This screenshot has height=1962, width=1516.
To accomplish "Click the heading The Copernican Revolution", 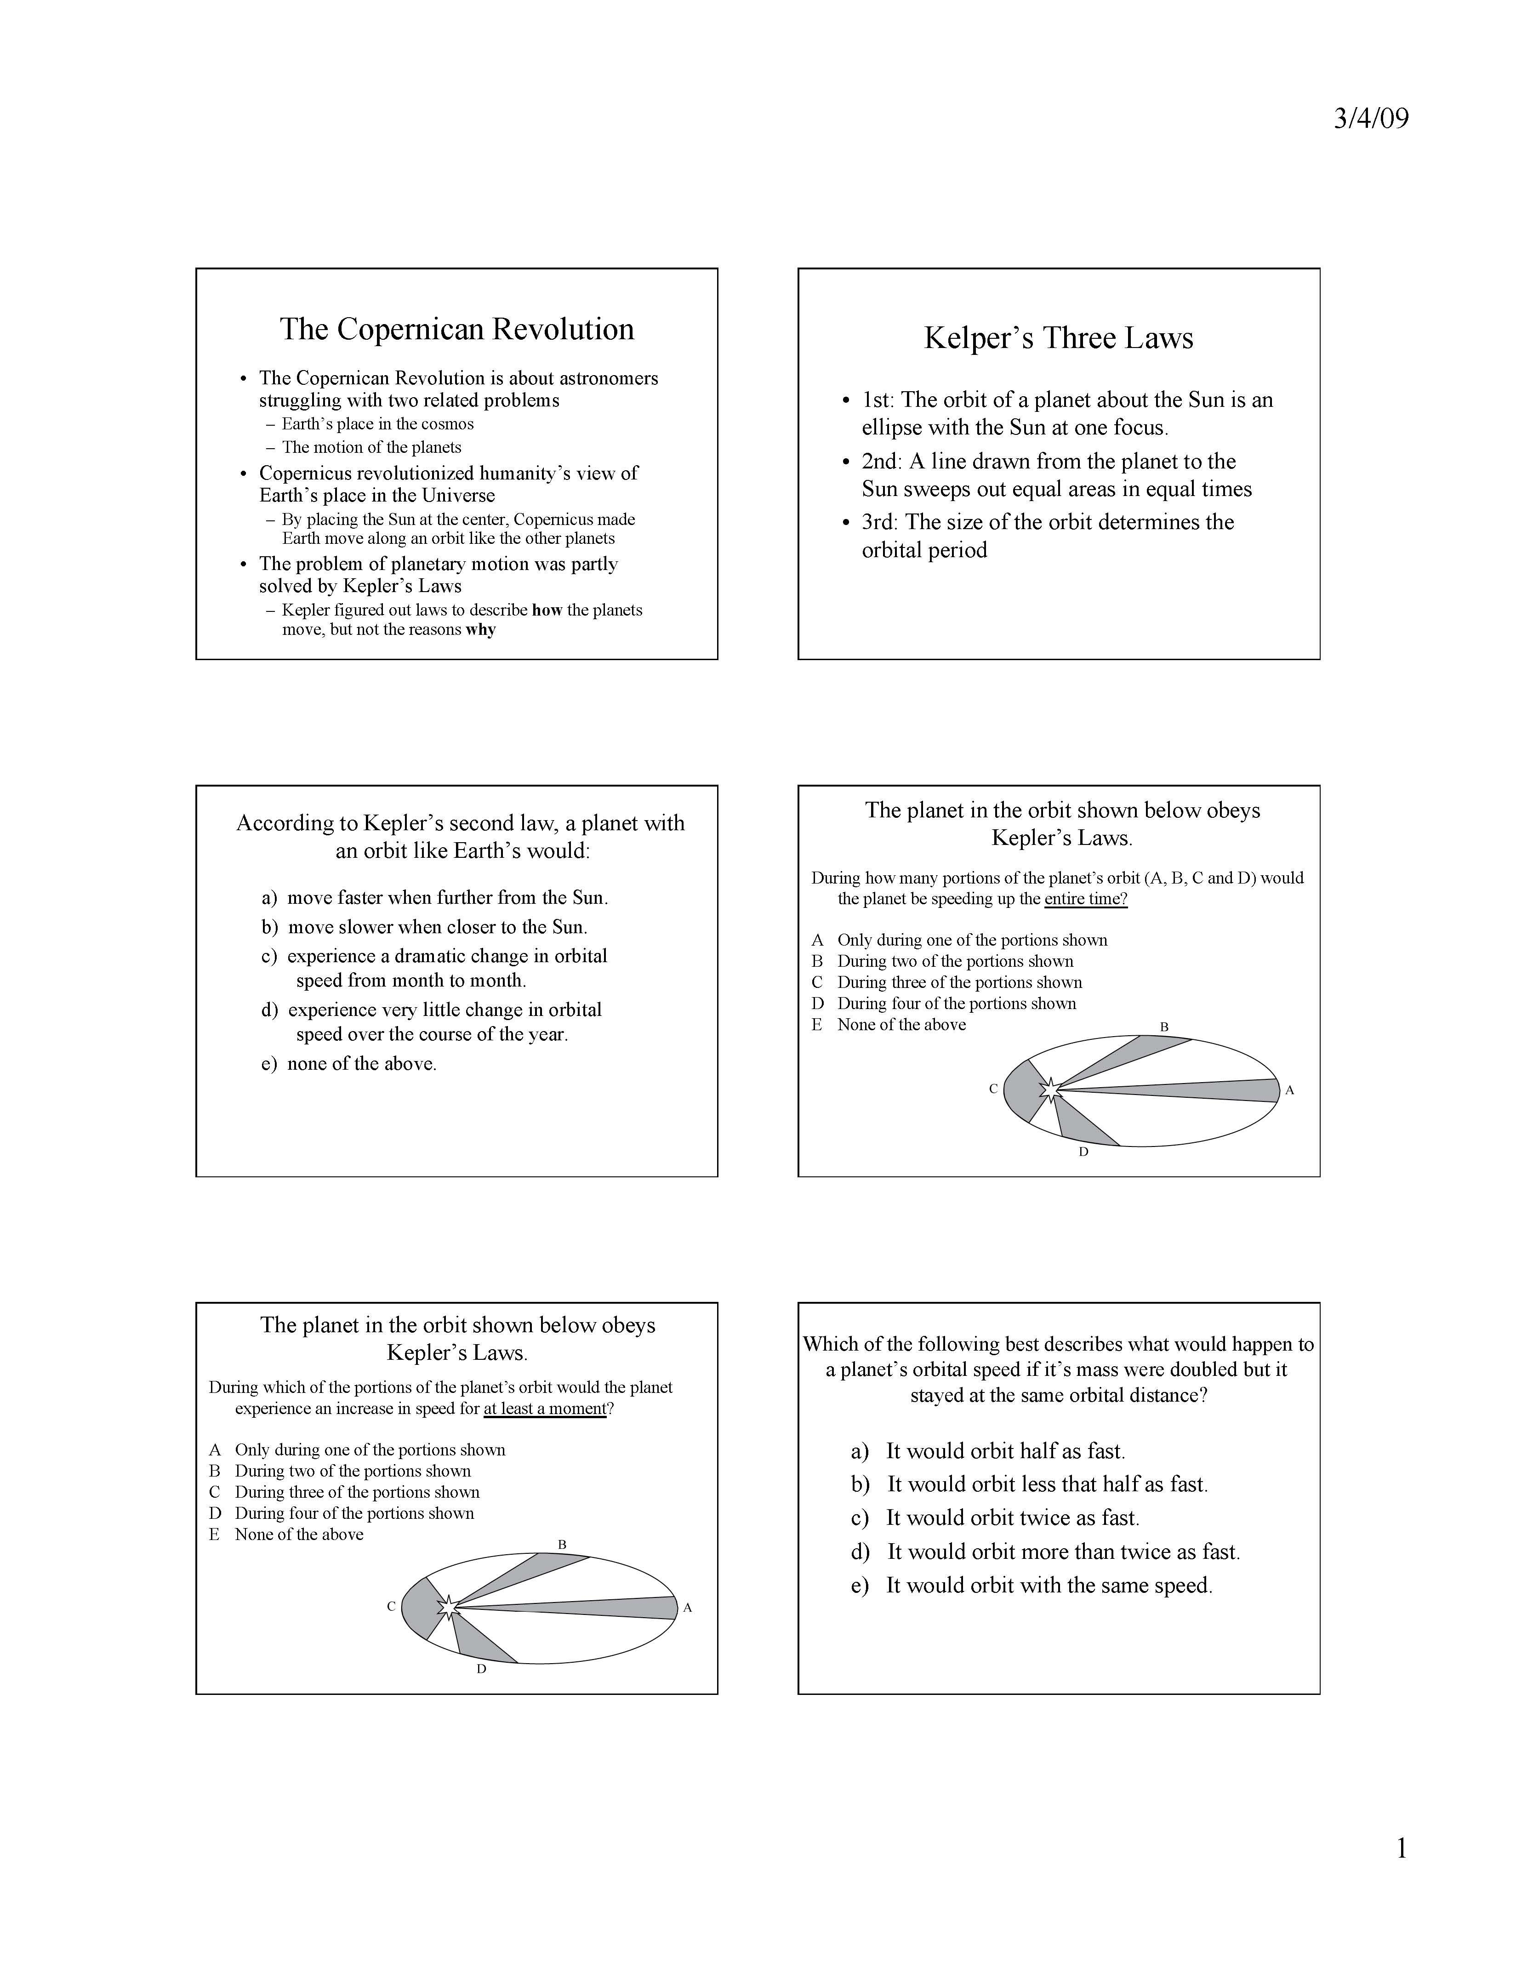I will click(456, 330).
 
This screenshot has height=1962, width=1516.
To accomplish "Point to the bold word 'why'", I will click(480, 630).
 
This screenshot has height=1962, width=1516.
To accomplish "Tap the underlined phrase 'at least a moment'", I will click(545, 1409).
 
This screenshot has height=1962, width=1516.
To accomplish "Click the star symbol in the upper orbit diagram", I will click(1049, 1089).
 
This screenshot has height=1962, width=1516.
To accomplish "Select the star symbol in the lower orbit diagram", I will click(447, 1607).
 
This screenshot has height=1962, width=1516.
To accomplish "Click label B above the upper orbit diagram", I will click(1164, 1027).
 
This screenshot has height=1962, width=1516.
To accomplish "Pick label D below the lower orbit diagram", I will click(481, 1669).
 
